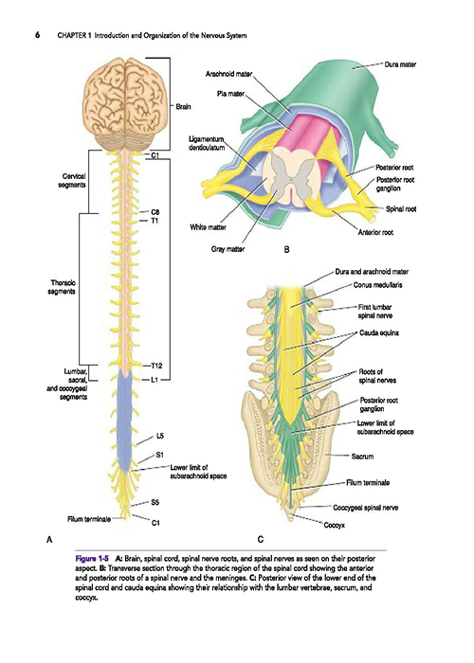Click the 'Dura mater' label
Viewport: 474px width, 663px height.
coord(400,64)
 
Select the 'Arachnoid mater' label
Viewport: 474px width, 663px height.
coord(229,74)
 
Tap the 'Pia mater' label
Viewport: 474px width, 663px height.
coord(230,94)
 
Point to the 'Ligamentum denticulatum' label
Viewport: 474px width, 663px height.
coord(206,143)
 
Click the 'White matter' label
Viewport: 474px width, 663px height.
coord(208,227)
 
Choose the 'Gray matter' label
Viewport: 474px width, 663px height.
coord(228,249)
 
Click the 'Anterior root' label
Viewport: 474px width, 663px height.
coord(375,232)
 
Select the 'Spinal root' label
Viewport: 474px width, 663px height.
coord(401,209)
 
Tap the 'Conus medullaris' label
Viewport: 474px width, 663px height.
coord(377,285)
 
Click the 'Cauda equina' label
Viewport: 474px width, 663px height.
coord(379,332)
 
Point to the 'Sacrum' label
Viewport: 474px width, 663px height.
coord(362,457)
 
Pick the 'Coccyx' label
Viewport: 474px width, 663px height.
coord(335,525)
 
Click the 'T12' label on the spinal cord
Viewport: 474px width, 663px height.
coord(156,366)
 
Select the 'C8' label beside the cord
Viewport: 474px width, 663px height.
coord(155,212)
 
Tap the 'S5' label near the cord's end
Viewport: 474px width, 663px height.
coord(155,502)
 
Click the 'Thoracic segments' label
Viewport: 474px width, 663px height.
coord(64,287)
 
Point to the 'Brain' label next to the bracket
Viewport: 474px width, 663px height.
coord(183,107)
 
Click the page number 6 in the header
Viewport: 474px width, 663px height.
coord(37,35)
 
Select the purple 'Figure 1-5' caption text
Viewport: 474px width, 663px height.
coord(92,558)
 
